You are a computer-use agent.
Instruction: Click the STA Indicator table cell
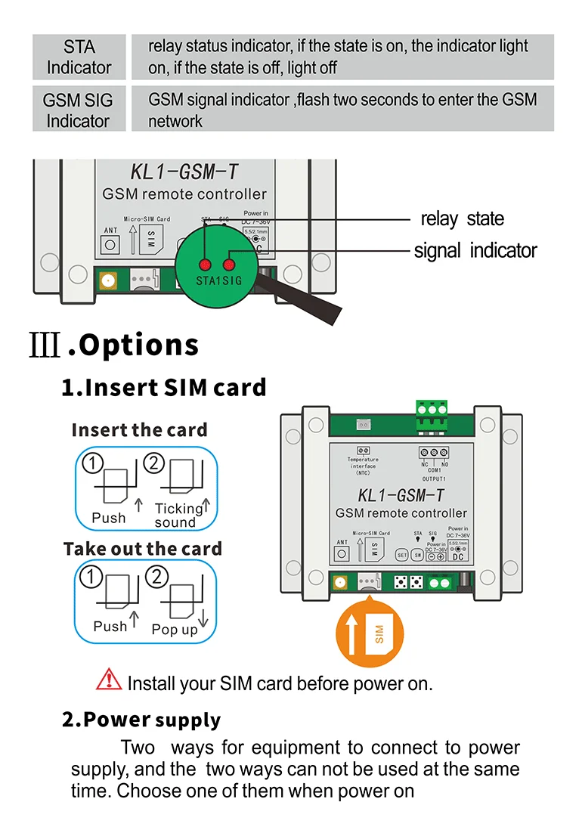coord(79,57)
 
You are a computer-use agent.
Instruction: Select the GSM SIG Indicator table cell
coord(79,109)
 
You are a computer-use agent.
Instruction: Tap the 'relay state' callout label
coord(462,219)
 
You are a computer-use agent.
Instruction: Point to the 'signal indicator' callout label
coord(475,251)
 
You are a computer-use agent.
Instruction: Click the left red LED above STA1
coord(204,265)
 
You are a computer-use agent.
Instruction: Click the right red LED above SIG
coord(228,265)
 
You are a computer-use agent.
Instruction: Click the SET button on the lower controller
coord(402,554)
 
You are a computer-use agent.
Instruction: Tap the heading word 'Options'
coord(139,345)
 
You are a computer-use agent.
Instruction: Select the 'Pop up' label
coord(175,630)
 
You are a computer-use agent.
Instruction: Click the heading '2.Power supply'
coord(141,720)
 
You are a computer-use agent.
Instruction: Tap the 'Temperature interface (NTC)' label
coord(364,466)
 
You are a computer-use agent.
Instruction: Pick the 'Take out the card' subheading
coord(143,549)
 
